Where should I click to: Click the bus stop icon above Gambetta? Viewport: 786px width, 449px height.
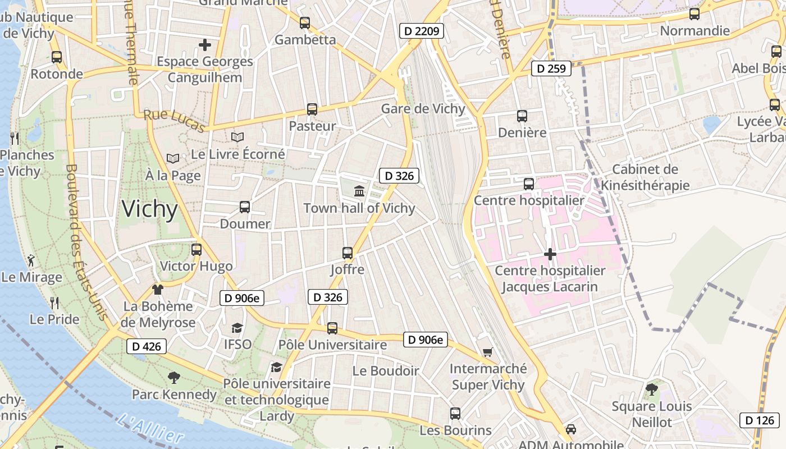(305, 23)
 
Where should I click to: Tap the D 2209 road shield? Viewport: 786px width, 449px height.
(422, 31)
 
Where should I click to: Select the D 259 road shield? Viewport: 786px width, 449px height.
(551, 68)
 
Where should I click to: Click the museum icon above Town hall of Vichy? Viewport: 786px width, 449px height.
(359, 191)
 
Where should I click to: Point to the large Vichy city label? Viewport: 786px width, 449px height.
(149, 209)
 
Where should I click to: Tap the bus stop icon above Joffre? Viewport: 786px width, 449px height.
(348, 253)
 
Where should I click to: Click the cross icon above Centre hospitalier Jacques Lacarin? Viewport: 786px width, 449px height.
(550, 254)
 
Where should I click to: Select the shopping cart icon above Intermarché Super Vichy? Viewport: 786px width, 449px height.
(487, 352)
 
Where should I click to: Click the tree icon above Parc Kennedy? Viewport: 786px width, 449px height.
(173, 378)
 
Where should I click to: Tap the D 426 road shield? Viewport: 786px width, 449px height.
(147, 346)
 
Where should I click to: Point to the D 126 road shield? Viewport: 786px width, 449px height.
(760, 420)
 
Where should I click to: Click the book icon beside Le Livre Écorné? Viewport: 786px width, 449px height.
(237, 137)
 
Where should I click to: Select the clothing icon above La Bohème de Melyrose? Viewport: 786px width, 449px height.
(157, 290)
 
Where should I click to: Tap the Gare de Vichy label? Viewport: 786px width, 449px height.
(423, 108)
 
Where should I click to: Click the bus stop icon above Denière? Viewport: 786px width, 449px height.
(522, 116)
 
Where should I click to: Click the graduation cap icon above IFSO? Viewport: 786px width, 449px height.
(237, 328)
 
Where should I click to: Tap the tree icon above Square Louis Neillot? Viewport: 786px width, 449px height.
(651, 389)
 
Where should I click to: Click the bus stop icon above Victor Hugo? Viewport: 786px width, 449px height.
(196, 249)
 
